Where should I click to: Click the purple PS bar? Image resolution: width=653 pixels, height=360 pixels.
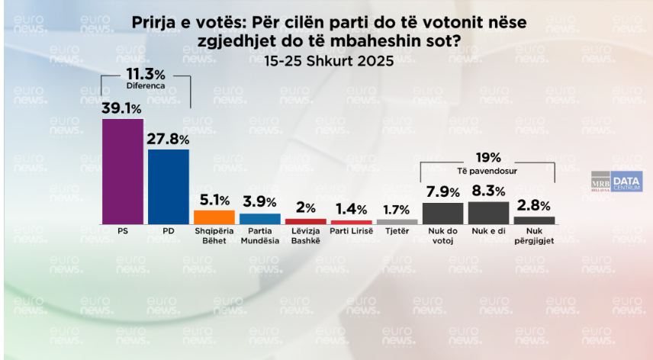123,171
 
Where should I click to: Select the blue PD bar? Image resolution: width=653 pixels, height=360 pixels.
169,186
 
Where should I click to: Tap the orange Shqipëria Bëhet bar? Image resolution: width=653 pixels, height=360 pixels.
214,216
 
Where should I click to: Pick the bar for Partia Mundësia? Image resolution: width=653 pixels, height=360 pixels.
260,218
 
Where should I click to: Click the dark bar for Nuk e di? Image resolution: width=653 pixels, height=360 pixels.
488,212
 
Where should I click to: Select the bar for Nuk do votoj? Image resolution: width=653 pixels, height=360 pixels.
442,213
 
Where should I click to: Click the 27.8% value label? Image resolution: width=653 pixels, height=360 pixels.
169,138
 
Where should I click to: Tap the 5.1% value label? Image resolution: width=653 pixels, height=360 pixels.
214,200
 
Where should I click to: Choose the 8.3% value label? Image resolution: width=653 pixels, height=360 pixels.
488,191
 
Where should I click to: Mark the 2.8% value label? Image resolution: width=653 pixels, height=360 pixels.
533,206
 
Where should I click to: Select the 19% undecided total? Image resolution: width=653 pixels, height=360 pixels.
488,157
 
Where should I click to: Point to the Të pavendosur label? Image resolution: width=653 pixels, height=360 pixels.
488,169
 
